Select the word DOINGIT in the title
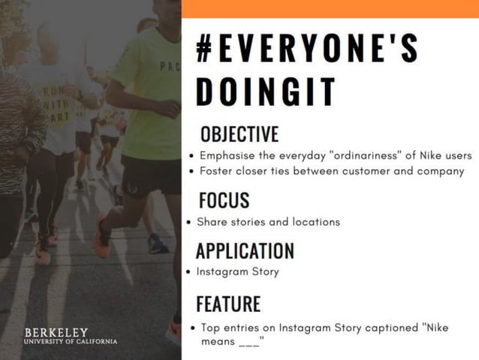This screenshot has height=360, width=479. tap(265, 91)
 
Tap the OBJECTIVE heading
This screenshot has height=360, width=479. tap(239, 135)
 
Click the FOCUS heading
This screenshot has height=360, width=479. tap(224, 200)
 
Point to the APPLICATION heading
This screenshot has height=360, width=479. tap(245, 251)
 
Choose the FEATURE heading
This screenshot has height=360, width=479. tap(228, 304)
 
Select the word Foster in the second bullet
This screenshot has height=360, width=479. tap(217, 171)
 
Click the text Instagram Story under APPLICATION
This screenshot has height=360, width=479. tap(237, 271)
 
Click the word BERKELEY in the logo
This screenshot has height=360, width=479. tap(56, 332)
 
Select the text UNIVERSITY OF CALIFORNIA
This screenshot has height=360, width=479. tap(71, 342)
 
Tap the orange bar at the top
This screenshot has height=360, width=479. tap(330, 8)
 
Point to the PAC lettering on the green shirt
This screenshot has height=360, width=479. tap(170, 65)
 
